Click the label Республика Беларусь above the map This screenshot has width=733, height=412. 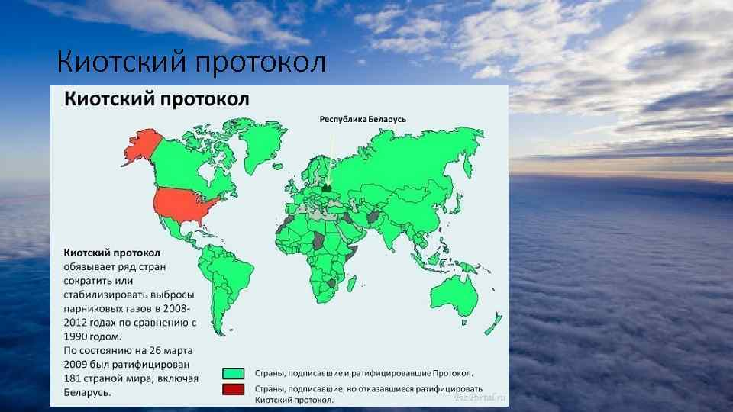pos(363,120)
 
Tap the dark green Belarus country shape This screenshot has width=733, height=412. pos(328,188)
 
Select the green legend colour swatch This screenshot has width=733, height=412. pos(234,373)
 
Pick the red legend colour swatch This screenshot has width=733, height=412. pos(234,389)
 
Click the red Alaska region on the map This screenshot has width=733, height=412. pos(143,146)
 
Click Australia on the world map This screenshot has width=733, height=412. pos(454,295)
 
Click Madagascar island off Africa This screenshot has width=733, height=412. pos(351,284)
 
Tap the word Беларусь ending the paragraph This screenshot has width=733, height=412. pos(87,392)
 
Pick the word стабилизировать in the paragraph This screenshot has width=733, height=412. pos(105,295)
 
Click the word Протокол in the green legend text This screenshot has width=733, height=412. pos(452,373)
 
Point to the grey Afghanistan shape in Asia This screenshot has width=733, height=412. pos(373,217)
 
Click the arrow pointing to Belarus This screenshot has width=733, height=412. pos(330,159)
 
